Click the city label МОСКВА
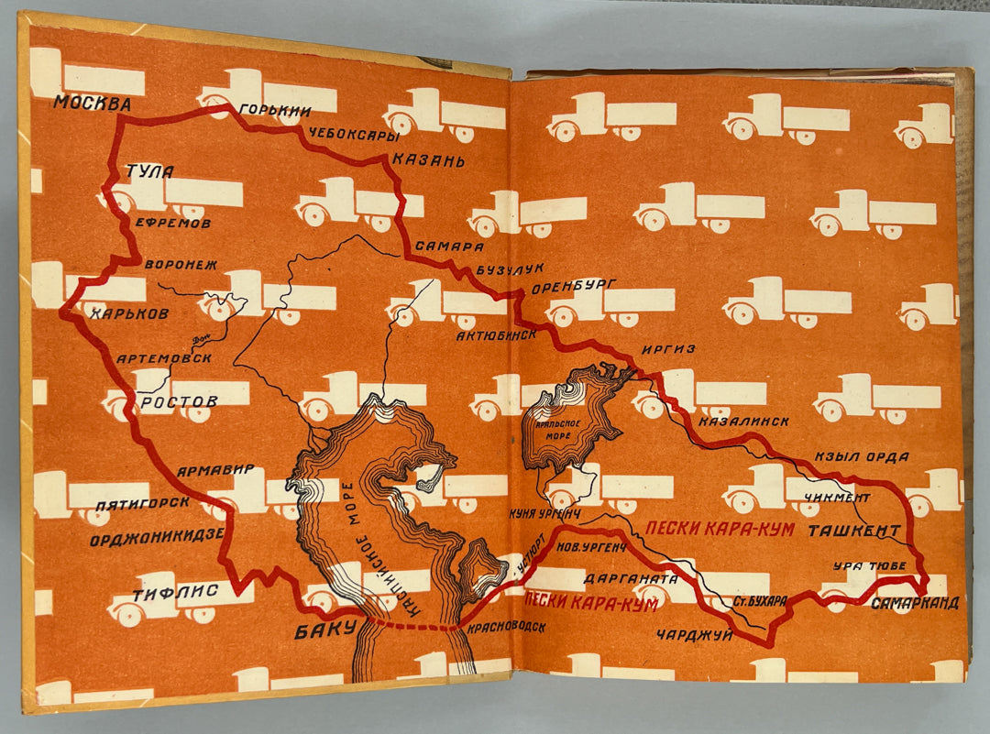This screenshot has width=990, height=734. tap(92, 103)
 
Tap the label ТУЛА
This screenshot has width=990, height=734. tap(150, 171)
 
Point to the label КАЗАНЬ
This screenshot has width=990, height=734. tap(428, 161)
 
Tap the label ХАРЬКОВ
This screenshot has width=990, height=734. tap(129, 313)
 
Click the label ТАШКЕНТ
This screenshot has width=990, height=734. tap(852, 531)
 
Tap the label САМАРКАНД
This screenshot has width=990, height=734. tap(914, 603)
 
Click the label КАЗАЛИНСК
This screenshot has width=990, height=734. tap(743, 422)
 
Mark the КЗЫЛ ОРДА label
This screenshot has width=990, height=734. tap(861, 456)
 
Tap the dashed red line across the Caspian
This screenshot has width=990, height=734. tap(412, 627)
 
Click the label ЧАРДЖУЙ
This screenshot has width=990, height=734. tap(695, 634)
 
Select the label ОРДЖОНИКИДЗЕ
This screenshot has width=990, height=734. tap(156, 540)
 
